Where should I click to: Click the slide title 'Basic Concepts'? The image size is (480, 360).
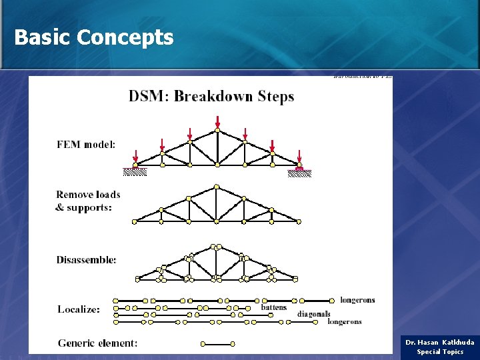click(x=93, y=37)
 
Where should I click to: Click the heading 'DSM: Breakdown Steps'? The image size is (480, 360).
click(x=211, y=96)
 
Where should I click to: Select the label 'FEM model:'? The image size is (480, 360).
click(x=86, y=144)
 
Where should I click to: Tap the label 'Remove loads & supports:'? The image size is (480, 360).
click(x=88, y=201)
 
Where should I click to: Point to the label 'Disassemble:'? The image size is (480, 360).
click(x=87, y=259)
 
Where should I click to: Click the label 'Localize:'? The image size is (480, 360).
click(x=79, y=309)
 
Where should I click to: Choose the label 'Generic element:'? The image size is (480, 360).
click(x=98, y=343)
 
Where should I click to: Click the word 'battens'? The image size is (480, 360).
click(x=273, y=307)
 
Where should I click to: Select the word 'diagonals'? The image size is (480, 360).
click(x=314, y=314)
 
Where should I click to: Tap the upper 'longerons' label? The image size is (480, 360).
click(x=357, y=300)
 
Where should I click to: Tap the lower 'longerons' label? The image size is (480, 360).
click(x=345, y=321)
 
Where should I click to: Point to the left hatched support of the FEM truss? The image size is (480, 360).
click(x=135, y=171)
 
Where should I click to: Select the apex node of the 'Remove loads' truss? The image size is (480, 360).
click(x=217, y=187)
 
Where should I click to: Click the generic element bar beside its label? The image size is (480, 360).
click(x=217, y=344)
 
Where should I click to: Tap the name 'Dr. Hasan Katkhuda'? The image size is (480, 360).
click(x=440, y=342)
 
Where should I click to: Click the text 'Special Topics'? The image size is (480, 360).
click(x=440, y=351)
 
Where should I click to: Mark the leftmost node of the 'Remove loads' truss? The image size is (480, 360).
click(x=134, y=221)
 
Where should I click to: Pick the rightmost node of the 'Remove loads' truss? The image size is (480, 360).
click(x=299, y=221)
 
